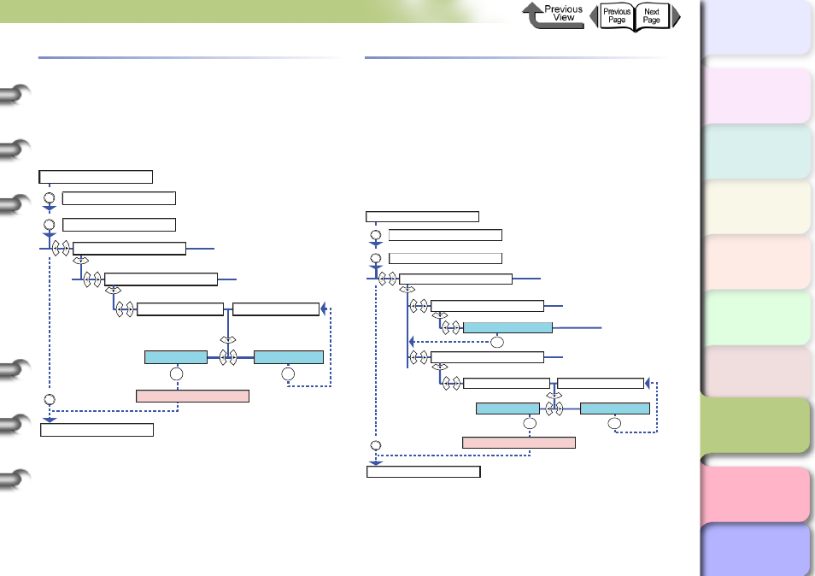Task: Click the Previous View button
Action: point(553,15)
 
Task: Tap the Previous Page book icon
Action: point(617,16)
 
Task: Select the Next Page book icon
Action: point(653,16)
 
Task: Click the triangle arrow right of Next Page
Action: point(676,16)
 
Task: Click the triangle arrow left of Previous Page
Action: point(594,16)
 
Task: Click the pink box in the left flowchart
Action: point(192,397)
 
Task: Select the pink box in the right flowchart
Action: point(519,443)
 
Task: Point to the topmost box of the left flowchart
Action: point(96,177)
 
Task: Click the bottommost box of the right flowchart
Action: point(424,472)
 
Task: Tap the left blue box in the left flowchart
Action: point(176,357)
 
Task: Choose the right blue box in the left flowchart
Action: point(289,357)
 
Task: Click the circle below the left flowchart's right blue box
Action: point(288,373)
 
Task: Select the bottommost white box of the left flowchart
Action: point(97,430)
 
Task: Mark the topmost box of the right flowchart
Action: point(422,217)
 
